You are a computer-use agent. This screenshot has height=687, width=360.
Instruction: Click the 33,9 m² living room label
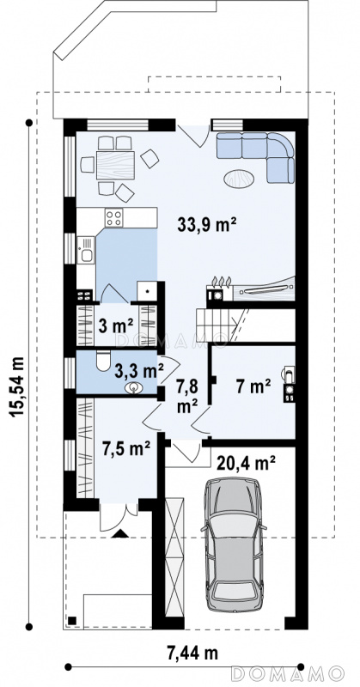click(x=207, y=225)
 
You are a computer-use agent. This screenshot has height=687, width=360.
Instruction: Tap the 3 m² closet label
click(x=116, y=326)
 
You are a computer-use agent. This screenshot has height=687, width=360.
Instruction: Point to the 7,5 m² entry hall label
click(x=126, y=449)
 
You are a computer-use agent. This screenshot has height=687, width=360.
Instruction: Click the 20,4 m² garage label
click(x=246, y=463)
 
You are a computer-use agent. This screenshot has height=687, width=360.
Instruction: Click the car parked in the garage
click(x=234, y=544)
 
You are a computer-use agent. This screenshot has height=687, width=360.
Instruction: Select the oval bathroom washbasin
click(x=134, y=387)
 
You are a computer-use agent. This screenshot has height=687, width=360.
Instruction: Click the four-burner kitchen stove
click(x=114, y=218)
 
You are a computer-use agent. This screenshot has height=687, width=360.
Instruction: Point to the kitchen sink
click(x=86, y=250)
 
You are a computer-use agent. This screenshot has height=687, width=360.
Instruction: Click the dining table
click(x=115, y=165)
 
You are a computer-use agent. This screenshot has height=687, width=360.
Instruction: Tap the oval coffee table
click(x=239, y=179)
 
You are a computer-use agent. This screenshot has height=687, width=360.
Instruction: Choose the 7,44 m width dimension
click(x=193, y=654)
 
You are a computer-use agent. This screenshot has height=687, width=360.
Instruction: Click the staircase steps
click(x=217, y=325)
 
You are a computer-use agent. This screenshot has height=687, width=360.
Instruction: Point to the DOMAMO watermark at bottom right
click(x=287, y=673)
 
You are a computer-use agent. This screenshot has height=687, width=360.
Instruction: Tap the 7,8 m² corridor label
click(x=186, y=397)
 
